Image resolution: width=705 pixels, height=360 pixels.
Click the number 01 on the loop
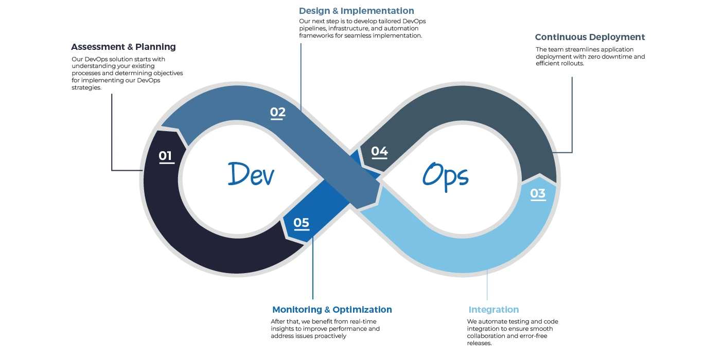point(166,156)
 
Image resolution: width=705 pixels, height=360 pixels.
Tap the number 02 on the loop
point(278,113)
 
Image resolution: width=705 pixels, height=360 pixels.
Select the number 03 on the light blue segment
point(538,193)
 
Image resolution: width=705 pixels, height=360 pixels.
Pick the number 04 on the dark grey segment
point(379,151)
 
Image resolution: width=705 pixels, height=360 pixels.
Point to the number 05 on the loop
point(302,223)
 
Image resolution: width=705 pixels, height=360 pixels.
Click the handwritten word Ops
point(446,175)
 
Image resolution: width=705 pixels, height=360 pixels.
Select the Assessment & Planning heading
point(124,47)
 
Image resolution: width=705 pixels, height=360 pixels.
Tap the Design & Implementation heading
point(357,11)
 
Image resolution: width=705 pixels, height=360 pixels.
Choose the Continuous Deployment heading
point(590,37)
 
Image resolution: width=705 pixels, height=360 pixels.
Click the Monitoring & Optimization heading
point(332,310)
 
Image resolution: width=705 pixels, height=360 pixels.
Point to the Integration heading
point(493,310)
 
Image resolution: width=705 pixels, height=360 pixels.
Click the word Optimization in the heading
point(362,310)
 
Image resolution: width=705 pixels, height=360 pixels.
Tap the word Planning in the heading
point(155,47)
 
